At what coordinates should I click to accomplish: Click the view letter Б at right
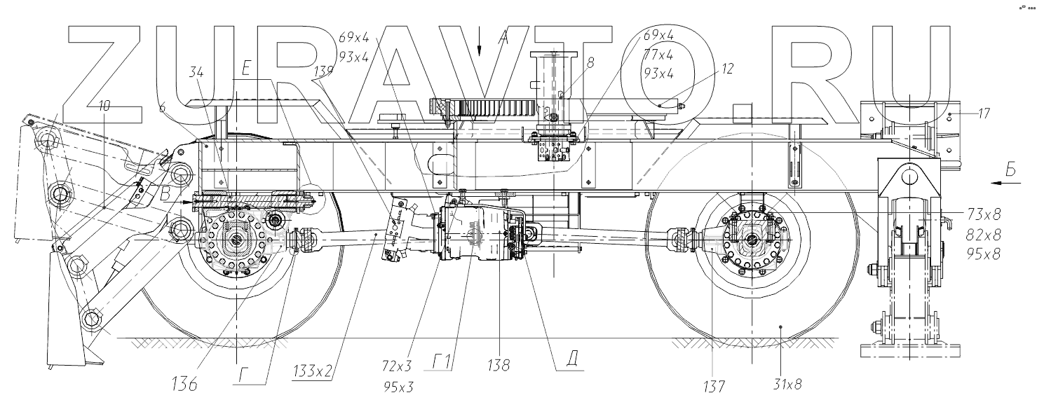[x=1010, y=168]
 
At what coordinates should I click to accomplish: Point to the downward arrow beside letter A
[x=480, y=44]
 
